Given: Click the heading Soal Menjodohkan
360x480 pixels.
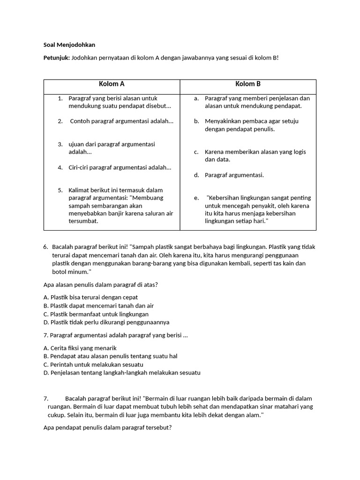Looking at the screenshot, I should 69,45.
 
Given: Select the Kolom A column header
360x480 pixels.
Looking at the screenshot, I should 112,84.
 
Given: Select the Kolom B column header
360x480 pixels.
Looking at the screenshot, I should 248,84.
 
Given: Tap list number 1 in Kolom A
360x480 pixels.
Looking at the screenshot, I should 60,98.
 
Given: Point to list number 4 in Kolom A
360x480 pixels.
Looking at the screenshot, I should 60,167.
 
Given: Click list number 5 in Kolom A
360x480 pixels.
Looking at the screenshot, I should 60,190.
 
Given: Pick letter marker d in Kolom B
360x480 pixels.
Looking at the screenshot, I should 196,175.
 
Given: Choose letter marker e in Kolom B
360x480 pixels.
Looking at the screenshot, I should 196,198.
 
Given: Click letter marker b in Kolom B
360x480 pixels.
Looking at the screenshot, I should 196,121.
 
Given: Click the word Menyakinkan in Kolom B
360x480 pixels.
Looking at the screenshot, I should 223,121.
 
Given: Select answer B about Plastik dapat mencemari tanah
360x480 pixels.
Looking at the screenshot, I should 98,306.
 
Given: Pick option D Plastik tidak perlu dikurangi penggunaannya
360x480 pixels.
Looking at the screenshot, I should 106,322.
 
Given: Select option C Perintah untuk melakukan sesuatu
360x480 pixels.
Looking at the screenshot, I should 93,365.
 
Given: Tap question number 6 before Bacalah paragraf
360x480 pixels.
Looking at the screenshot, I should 45,246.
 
